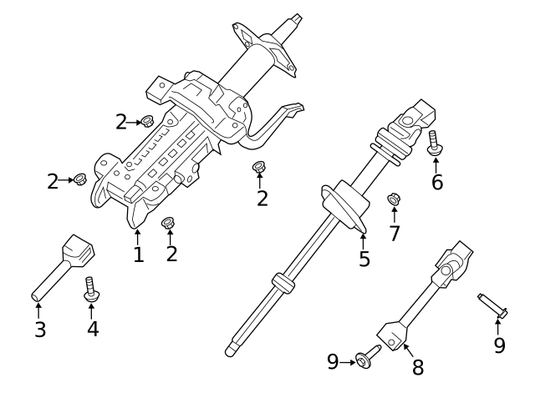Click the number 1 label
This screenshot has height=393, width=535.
point(139,254)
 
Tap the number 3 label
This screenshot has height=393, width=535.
point(40,329)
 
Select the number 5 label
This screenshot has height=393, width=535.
point(364,259)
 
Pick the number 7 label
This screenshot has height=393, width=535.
point(394,233)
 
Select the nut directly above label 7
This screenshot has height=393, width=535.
point(392,200)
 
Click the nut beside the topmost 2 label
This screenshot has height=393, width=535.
point(147,122)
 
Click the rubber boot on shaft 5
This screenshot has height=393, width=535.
point(344,207)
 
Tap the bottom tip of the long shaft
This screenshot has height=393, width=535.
point(232,349)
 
